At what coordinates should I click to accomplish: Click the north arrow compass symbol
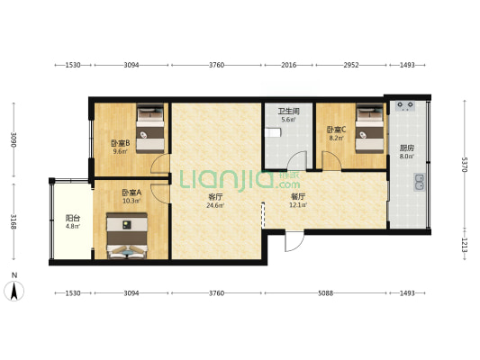click(x=14, y=292)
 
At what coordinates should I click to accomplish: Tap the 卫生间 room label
click(x=288, y=111)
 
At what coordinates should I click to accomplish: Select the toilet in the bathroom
click(x=273, y=132)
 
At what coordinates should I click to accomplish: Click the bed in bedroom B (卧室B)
click(x=150, y=129)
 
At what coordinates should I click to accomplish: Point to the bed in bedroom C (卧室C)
click(x=369, y=129)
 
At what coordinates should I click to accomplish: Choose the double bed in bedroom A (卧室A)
click(x=127, y=236)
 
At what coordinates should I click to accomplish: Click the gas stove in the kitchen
click(x=405, y=106)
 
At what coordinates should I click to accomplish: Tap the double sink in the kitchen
click(x=419, y=182)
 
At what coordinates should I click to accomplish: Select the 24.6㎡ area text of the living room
click(x=216, y=205)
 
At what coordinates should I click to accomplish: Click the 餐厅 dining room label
click(x=298, y=196)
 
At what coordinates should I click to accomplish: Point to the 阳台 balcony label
click(x=73, y=219)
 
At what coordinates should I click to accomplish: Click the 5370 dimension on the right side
click(x=465, y=165)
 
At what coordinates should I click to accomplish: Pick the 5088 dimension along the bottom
click(x=325, y=293)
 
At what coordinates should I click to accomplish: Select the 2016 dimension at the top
click(x=289, y=65)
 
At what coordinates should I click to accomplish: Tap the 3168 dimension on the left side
click(x=14, y=221)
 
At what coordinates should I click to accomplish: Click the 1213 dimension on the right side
click(x=465, y=245)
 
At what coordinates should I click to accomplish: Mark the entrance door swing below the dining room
click(x=294, y=241)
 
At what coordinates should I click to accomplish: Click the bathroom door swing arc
click(x=295, y=160)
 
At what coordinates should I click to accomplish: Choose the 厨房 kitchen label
click(x=407, y=148)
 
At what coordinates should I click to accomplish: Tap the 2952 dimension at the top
click(x=351, y=65)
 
